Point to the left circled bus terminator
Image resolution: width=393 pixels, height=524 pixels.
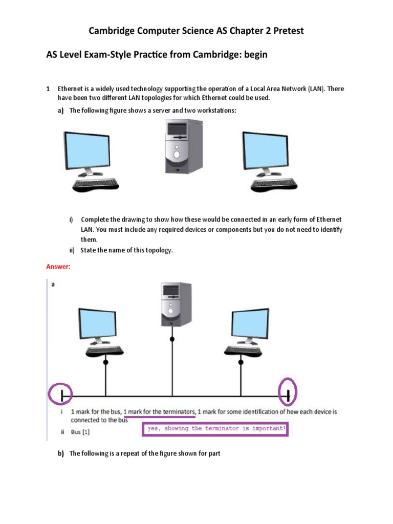[x=61, y=395]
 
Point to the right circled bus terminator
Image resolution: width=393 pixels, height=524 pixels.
[x=288, y=395]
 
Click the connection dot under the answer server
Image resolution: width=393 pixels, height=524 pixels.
[x=172, y=339]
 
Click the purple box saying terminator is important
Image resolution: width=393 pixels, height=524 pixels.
[x=215, y=429]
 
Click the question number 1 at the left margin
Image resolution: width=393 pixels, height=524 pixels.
[x=48, y=89]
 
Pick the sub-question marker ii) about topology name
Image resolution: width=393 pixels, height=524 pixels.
[x=73, y=250]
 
